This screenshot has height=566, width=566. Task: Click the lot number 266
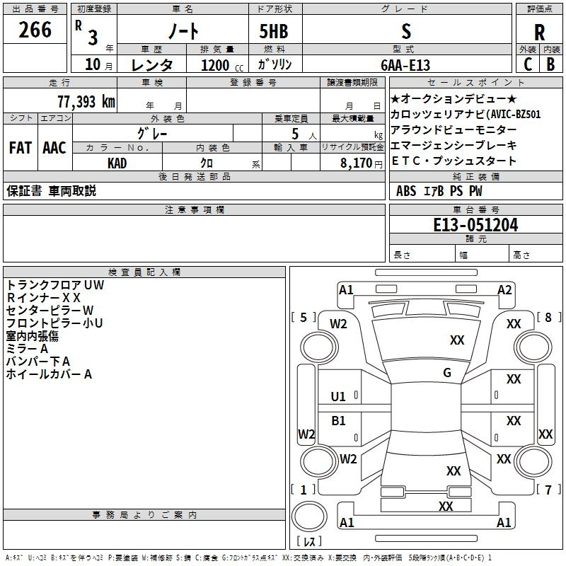(x=35, y=30)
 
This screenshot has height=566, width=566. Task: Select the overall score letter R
(x=539, y=32)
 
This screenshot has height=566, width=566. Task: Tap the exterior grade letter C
(x=527, y=64)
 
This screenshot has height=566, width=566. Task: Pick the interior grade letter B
(x=550, y=64)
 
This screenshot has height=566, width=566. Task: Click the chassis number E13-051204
(x=475, y=226)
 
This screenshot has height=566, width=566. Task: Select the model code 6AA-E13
(x=406, y=64)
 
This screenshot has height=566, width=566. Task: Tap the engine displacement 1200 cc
(x=216, y=64)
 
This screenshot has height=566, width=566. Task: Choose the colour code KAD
(x=117, y=163)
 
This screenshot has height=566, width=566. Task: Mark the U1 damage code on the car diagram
(x=339, y=396)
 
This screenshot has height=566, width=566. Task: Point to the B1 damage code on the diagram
(x=339, y=421)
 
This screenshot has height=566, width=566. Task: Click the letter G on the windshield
(x=447, y=373)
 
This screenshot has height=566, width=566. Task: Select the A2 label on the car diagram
(x=504, y=289)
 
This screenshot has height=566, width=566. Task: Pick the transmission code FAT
(x=20, y=148)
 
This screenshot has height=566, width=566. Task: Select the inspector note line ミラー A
(x=27, y=349)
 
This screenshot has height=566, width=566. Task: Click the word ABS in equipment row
(x=406, y=190)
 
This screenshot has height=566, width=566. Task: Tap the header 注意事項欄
(x=194, y=210)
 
